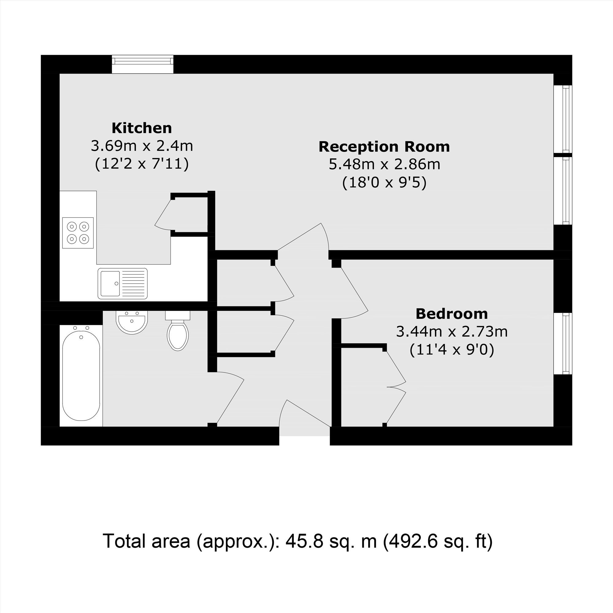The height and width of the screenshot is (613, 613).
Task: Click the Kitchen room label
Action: coord(142,128)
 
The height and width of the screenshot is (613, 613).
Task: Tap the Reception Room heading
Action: coord(384,147)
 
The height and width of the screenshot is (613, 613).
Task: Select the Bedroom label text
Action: coord(451,314)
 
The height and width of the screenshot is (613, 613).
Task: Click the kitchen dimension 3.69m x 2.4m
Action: coord(142,146)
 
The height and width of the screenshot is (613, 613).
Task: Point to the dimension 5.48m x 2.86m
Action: coord(384,164)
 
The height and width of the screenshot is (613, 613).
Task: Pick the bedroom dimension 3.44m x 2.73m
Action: coord(451,332)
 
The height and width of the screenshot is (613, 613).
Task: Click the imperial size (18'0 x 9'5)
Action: coord(384,183)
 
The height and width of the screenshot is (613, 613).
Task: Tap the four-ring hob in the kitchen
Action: coord(78,233)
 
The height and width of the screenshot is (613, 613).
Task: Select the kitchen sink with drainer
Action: coord(123,283)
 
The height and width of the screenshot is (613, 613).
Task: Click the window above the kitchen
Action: coord(143,64)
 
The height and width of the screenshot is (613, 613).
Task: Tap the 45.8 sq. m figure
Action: coord(331,541)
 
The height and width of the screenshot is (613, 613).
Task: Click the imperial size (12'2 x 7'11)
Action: coord(142,164)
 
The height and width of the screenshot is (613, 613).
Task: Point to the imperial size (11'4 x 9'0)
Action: coord(451,350)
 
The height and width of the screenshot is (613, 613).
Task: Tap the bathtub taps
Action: coord(81,328)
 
